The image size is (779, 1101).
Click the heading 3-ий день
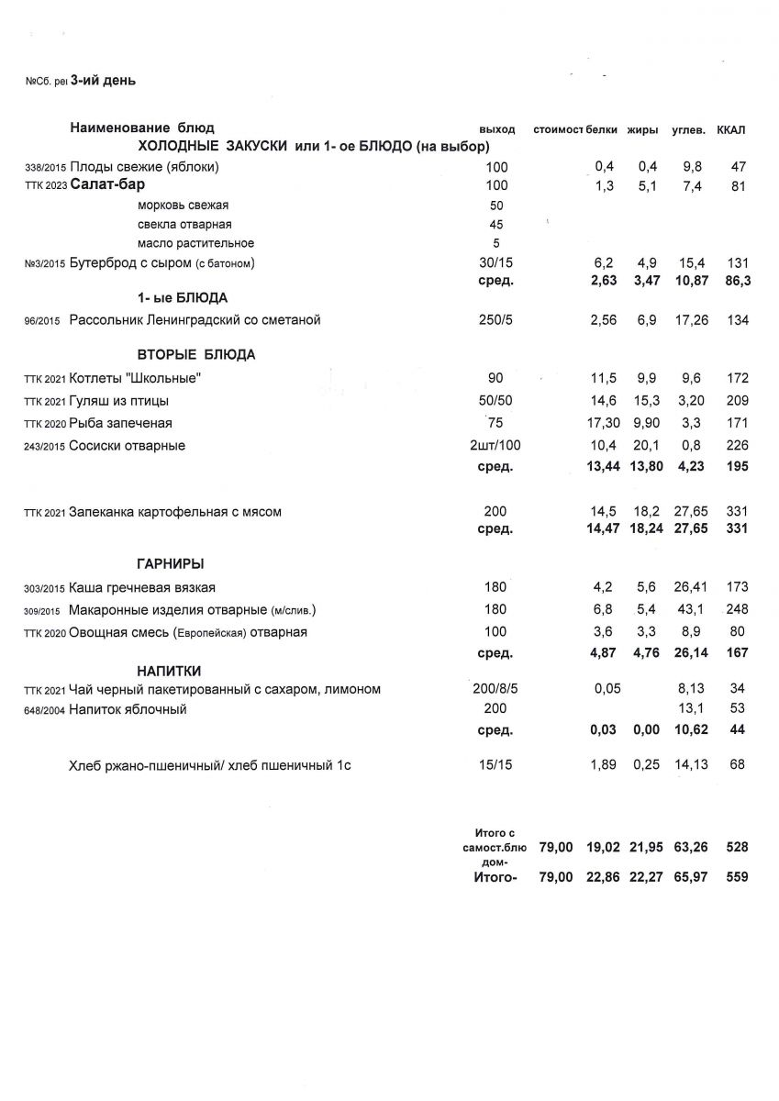[103, 81]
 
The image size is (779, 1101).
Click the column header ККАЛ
[731, 129]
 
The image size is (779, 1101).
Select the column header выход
[497, 129]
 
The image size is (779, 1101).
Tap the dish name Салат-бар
[107, 185]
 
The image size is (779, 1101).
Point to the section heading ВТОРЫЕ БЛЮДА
[196, 355]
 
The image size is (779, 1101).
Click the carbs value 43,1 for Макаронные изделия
[690, 609]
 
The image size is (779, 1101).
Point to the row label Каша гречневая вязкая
[142, 587]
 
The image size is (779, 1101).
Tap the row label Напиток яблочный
[128, 709]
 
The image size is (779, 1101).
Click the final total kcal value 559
[736, 877]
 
